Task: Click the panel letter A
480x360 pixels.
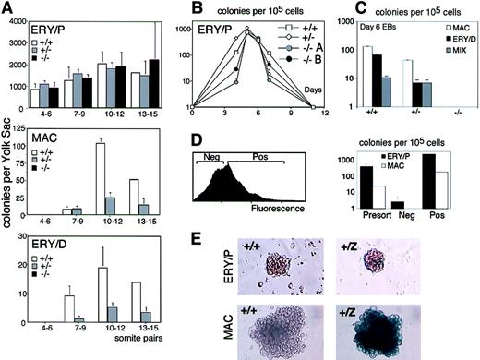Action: pos(7,8)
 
